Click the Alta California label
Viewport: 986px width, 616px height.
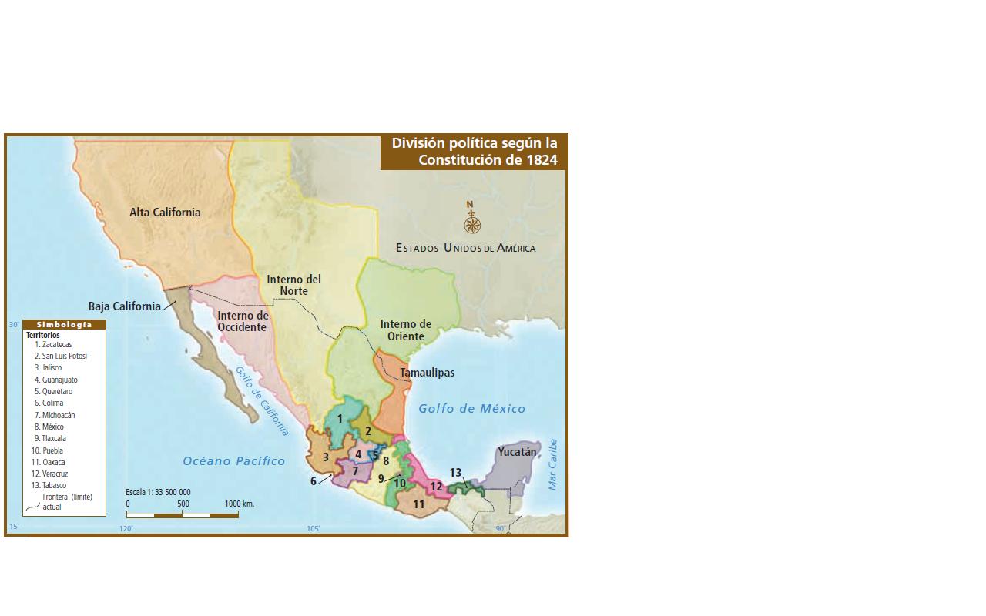point(165,213)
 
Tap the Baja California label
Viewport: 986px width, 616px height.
point(124,306)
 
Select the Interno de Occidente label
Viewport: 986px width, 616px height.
point(242,321)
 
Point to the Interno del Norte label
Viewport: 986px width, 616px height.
point(293,285)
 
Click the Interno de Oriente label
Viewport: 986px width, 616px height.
point(405,330)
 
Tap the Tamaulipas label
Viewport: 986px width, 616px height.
point(427,373)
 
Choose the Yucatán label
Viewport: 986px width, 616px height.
point(517,452)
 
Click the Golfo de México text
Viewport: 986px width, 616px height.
point(471,409)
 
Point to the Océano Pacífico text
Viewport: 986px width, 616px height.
point(233,461)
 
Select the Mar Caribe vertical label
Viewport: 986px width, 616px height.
point(552,464)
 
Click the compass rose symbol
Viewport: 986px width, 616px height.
point(472,224)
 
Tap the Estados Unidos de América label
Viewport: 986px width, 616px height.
point(465,248)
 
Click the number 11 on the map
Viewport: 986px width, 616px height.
point(419,504)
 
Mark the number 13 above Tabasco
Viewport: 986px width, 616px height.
point(455,473)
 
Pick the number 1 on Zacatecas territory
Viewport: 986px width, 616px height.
point(340,418)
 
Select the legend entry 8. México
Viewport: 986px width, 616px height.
point(49,427)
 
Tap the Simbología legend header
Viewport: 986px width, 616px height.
point(64,324)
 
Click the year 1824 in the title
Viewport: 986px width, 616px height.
point(542,160)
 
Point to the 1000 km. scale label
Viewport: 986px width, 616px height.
point(240,504)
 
